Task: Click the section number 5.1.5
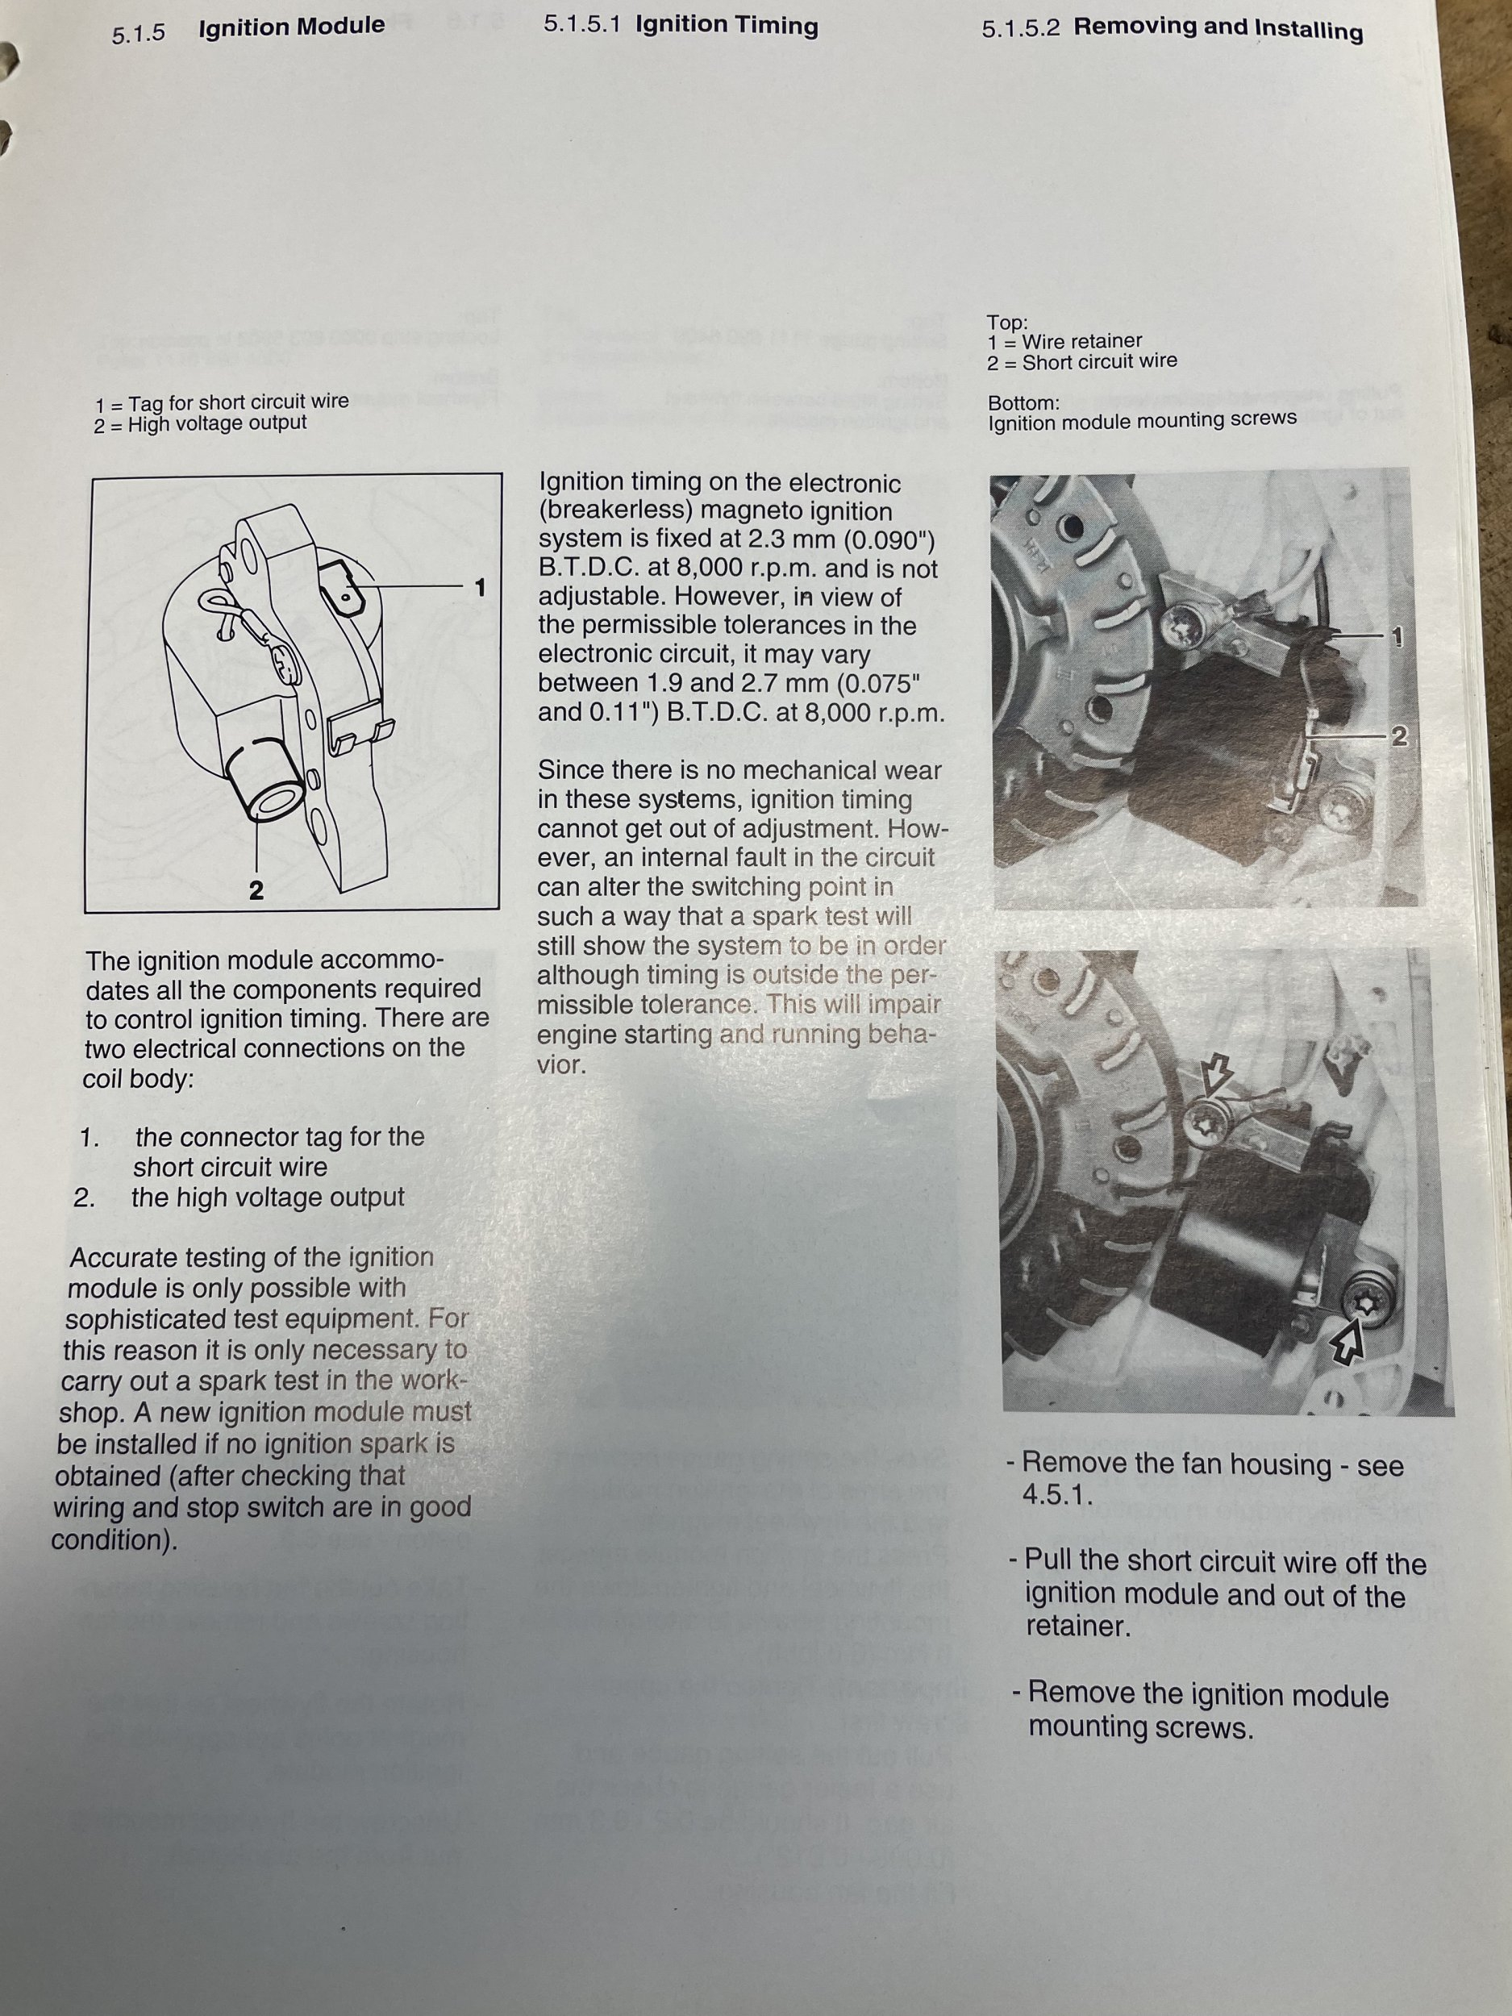click(139, 35)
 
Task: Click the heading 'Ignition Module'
click(292, 27)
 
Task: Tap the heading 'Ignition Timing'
click(727, 25)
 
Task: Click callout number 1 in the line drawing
click(481, 588)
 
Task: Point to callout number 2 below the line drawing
click(256, 889)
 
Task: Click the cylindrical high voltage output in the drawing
click(261, 784)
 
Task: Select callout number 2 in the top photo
click(1399, 736)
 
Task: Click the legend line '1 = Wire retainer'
click(1064, 342)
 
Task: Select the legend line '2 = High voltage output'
click(201, 424)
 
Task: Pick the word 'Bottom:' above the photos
click(1024, 402)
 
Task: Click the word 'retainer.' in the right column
click(1078, 1626)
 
